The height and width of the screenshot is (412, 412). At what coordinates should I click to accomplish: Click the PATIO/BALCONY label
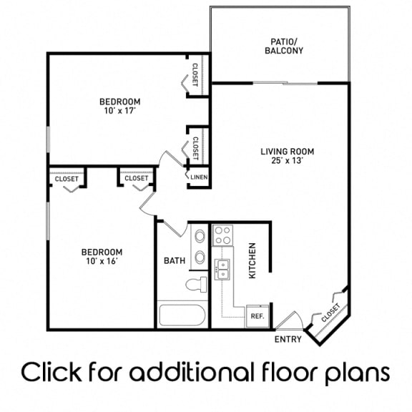(284, 46)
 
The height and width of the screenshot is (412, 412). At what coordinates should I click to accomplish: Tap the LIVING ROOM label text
(287, 151)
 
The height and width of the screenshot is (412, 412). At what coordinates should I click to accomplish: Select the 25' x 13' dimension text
(287, 161)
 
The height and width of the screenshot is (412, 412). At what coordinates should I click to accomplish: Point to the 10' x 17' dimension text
(119, 112)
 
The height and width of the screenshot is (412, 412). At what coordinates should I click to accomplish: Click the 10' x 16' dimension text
(101, 262)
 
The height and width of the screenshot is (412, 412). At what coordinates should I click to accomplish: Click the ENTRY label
(288, 339)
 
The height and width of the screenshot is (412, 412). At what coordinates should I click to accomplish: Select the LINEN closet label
(198, 177)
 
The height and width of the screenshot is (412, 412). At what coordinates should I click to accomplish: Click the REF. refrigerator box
(255, 315)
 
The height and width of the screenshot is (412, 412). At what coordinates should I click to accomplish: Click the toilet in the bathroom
(195, 285)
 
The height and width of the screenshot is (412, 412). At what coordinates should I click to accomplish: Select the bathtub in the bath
(182, 315)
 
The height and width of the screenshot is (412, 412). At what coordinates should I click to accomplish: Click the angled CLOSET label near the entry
(330, 312)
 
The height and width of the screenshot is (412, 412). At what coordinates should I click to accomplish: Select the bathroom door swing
(174, 227)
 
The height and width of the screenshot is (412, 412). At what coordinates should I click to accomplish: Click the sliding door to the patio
(286, 83)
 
